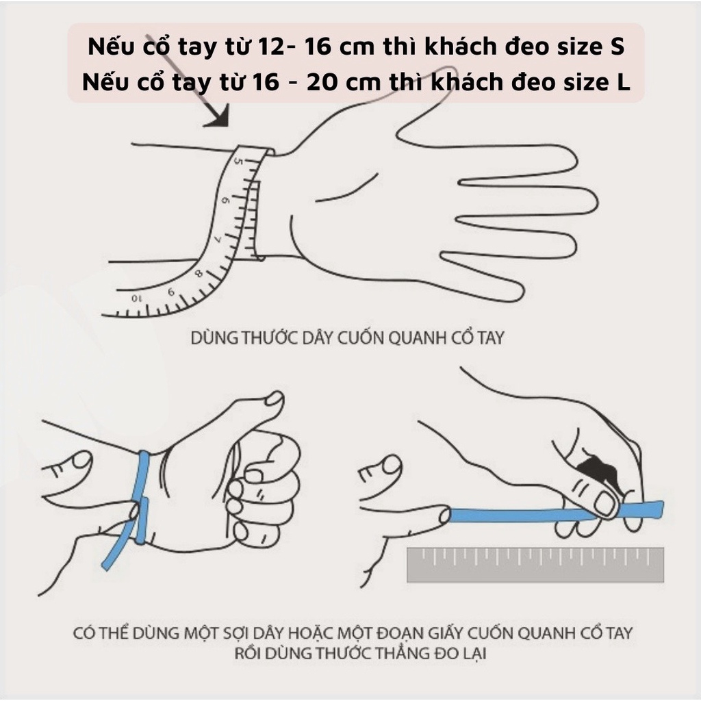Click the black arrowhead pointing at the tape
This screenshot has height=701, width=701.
pyautogui.click(x=218, y=117)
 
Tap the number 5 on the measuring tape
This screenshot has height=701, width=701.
pyautogui.click(x=238, y=162)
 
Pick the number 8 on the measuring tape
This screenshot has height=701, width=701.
pyautogui.click(x=199, y=274)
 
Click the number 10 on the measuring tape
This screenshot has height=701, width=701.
pyautogui.click(x=136, y=298)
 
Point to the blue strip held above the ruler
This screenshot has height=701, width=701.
pyautogui.click(x=534, y=513)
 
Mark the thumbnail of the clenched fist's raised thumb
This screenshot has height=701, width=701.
pyautogui.click(x=275, y=398)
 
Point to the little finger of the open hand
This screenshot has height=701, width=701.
pyautogui.click(x=479, y=277)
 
